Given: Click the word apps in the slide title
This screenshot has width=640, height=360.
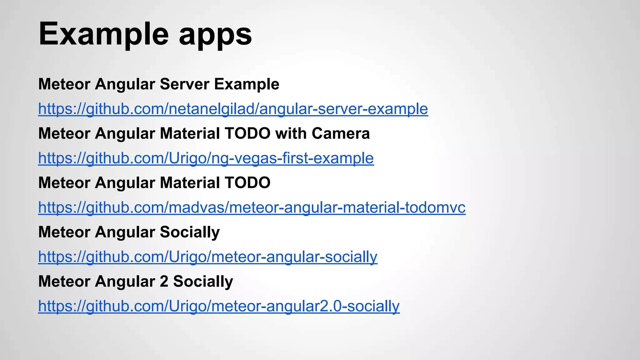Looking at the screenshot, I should [215, 35].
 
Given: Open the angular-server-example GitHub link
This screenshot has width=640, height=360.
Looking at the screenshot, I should [233, 109].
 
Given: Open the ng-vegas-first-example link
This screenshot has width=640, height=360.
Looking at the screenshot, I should [206, 158].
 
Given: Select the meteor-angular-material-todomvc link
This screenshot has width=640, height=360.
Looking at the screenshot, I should [252, 207].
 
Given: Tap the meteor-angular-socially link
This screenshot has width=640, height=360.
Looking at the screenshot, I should [208, 257].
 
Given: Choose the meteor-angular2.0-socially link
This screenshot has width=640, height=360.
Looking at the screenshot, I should [219, 306].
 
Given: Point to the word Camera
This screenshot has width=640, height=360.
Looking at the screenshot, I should [341, 133].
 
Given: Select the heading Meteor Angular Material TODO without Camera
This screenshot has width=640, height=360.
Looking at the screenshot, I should [154, 183].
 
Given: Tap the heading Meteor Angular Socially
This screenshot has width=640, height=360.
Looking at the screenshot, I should [129, 232].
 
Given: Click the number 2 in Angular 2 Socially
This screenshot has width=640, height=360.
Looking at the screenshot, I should [164, 282].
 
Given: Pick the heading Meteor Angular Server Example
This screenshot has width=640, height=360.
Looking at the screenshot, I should [159, 84].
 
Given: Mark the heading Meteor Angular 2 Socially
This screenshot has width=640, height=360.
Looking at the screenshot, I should [136, 282].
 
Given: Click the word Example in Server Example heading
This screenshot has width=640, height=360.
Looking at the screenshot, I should [247, 84].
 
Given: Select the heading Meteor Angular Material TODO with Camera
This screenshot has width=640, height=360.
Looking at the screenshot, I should [204, 133].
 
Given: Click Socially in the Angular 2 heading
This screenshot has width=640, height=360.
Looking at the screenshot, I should [203, 282].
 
